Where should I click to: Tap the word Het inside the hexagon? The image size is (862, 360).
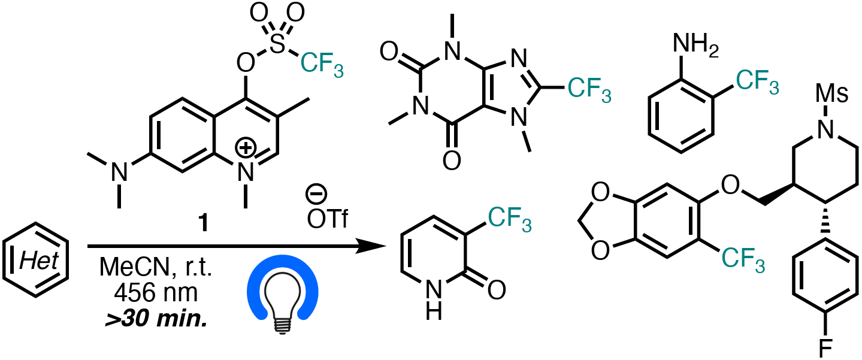pos(37,261)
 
